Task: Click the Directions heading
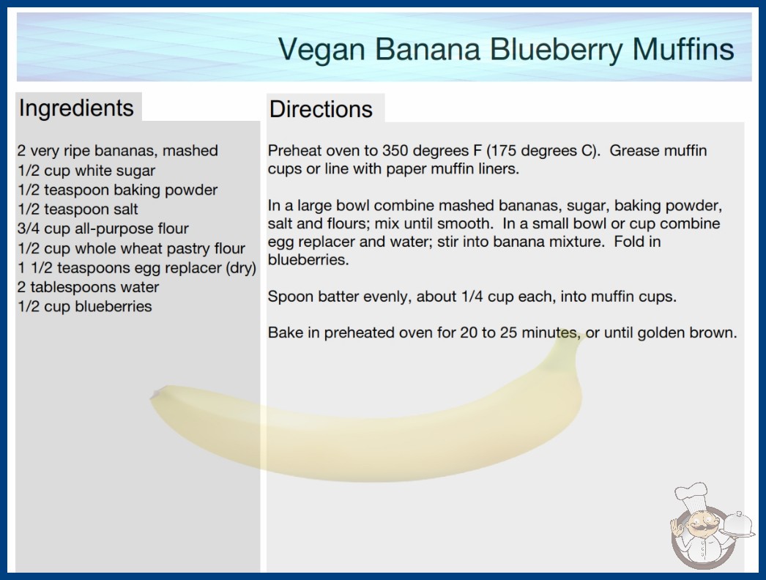321,109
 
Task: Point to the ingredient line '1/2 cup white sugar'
86,171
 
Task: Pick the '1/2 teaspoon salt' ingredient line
78,209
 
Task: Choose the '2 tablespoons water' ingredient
88,287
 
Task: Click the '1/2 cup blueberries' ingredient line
85,306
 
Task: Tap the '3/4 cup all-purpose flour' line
103,229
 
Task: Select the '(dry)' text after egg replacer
241,268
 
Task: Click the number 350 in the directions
395,151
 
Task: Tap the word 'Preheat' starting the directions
295,151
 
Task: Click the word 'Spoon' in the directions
290,297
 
